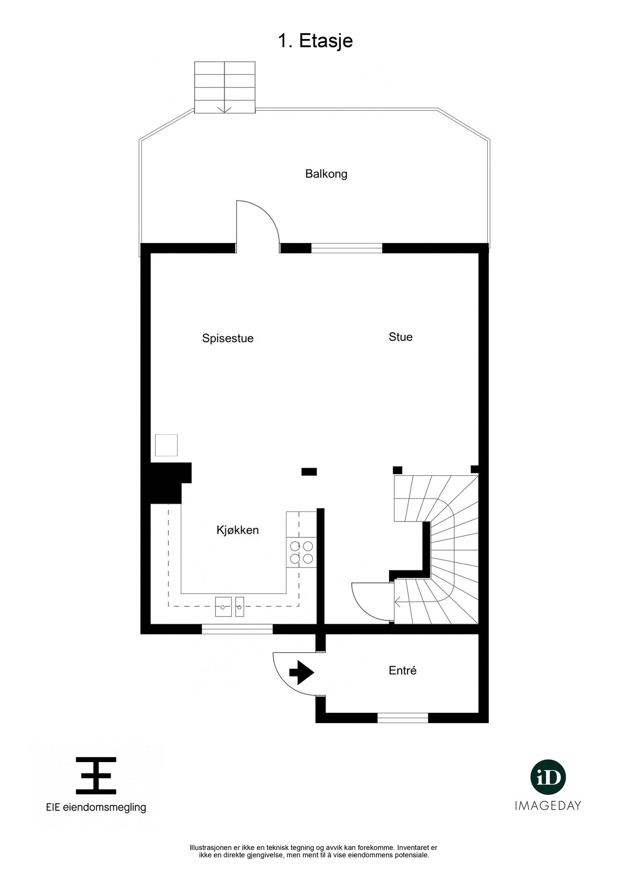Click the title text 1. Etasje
coord(315,41)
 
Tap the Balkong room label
coord(326,174)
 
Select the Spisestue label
coord(228,338)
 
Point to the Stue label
coord(400,337)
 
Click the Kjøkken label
coord(238,530)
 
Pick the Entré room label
coord(403,671)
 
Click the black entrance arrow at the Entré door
coord(301,673)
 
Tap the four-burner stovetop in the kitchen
coord(301,552)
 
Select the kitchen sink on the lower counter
coord(230,606)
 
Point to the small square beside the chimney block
coord(166,445)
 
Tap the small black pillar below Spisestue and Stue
coord(309,472)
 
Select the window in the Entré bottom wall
coord(403,718)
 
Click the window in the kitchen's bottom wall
coord(237,629)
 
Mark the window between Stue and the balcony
coord(347,248)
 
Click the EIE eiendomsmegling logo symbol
coord(96,775)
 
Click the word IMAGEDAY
coord(548,806)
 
